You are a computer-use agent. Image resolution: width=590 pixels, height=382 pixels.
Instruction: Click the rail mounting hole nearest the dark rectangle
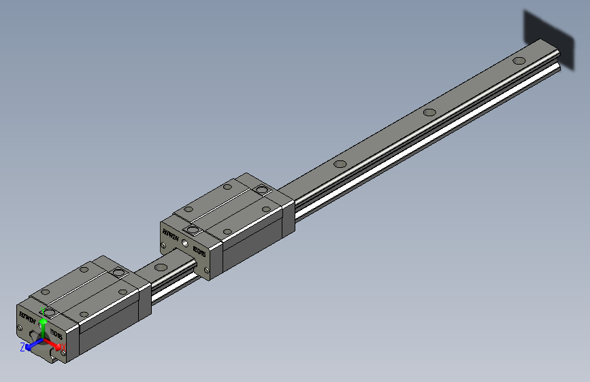(x=519, y=60)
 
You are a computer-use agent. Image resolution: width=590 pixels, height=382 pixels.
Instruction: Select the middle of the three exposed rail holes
(x=429, y=112)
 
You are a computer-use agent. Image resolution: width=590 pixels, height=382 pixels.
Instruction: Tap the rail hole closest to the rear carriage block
(x=340, y=164)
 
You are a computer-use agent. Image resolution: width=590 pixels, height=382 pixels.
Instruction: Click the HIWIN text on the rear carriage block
(x=170, y=236)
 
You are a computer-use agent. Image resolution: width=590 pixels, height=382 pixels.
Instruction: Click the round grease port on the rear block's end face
(x=184, y=241)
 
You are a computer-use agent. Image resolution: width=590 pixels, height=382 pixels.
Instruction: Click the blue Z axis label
(x=22, y=347)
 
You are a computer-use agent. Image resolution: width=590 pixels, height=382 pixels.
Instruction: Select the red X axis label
(x=63, y=348)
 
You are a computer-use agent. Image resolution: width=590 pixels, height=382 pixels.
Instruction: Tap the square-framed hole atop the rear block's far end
(x=261, y=190)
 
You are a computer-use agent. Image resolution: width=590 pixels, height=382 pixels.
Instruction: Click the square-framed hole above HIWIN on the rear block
(x=193, y=230)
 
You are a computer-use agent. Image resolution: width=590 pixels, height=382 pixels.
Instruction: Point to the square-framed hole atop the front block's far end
(x=118, y=273)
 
